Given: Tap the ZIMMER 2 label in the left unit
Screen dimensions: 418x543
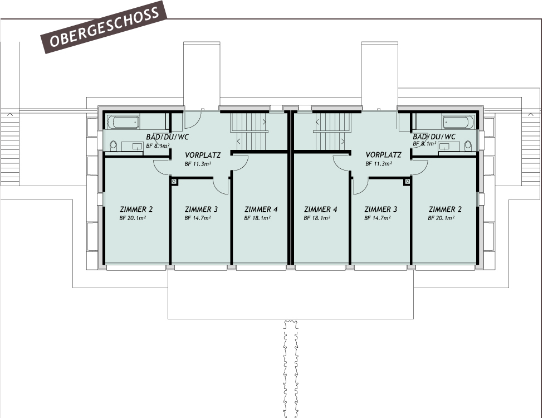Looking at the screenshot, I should pos(136,210).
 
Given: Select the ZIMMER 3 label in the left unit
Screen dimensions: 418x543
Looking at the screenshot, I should pos(200,210).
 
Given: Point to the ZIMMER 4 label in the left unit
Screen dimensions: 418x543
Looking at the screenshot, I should pos(261,210).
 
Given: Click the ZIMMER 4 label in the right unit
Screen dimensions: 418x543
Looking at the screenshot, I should pos(321,210).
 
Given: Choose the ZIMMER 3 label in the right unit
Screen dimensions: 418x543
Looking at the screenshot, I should pos(381,210).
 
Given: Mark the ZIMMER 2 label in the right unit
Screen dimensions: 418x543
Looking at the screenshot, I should pos(445,210).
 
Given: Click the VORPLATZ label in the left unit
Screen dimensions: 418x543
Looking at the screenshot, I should pos(203,155).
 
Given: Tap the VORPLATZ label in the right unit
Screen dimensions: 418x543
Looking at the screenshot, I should pos(384,155).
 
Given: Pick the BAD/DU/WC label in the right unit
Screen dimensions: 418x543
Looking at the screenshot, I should pos(434,137).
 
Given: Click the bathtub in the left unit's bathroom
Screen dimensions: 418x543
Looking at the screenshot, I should pos(123,122).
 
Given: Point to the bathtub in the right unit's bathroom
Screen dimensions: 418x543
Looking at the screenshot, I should pos(458,121).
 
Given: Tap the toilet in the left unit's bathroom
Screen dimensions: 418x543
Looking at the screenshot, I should pos(114,145).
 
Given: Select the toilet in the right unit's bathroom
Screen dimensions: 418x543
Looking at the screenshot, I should pos(468,145).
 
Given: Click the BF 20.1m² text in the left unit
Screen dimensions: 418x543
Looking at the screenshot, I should pos(133,218).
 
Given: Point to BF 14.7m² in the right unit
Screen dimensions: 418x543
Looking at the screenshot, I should pos(377,218).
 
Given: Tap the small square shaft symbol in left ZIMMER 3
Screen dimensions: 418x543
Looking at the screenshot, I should pos(174,181).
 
